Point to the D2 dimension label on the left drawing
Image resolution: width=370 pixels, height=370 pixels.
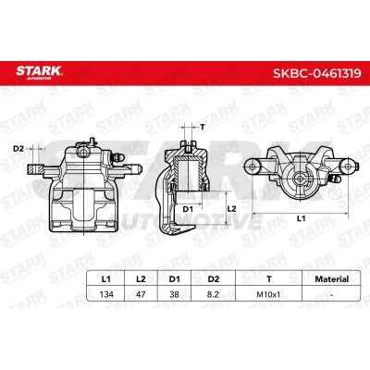click(18, 148)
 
